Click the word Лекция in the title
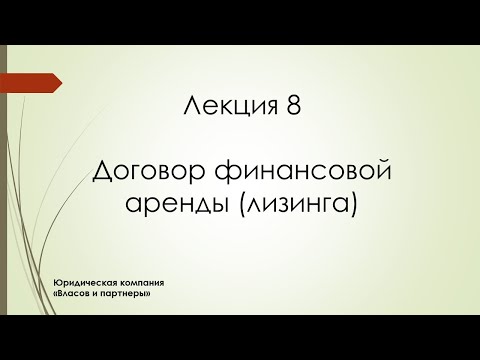(230, 109)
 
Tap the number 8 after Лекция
(291, 109)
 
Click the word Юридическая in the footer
(85, 285)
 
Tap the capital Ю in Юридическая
(59, 285)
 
